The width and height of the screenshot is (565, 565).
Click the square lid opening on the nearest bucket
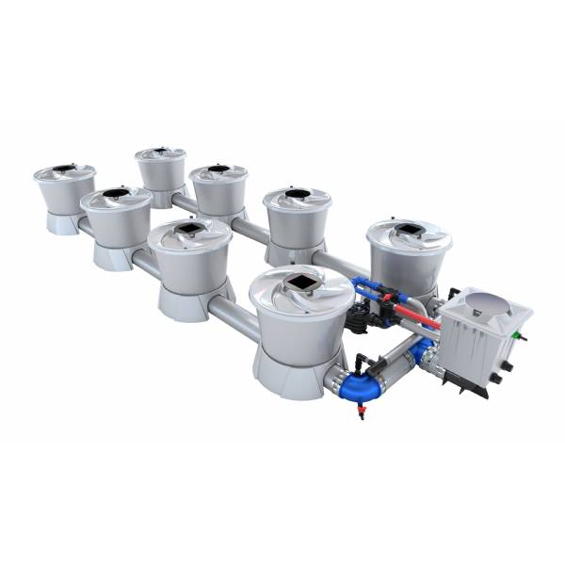point(299,282)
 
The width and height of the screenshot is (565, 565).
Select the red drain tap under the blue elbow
point(362,412)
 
